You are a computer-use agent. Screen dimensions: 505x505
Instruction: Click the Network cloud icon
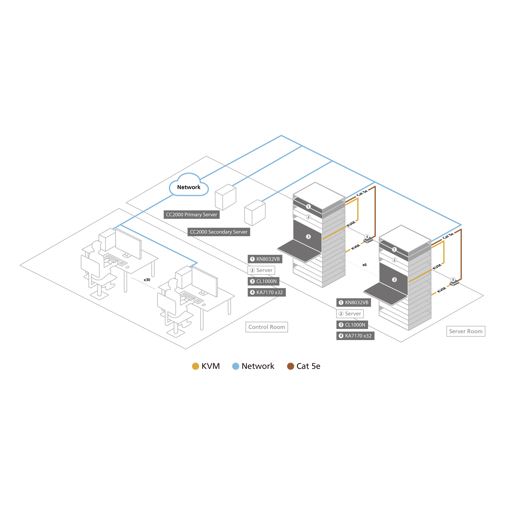click(189, 185)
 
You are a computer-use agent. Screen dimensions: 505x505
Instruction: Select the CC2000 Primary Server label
click(192, 215)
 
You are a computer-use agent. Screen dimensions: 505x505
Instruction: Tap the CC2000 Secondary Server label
click(219, 232)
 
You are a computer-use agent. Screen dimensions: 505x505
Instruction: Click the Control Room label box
click(267, 327)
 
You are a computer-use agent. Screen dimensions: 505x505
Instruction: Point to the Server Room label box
click(466, 331)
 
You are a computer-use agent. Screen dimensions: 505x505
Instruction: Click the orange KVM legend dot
click(195, 366)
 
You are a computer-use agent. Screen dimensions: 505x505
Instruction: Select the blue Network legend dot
click(236, 366)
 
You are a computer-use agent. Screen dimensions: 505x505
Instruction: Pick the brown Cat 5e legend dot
click(291, 366)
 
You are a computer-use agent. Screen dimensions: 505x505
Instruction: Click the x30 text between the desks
click(147, 280)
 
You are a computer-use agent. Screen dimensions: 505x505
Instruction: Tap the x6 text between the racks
click(364, 265)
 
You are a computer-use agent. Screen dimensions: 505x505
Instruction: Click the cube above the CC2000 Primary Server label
click(225, 197)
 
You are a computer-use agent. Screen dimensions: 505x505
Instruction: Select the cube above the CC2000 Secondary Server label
click(255, 213)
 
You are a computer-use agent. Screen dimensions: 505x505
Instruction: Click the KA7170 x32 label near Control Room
click(267, 292)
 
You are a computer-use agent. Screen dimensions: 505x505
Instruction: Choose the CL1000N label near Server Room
click(352, 325)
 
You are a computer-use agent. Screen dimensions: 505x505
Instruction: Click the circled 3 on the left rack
click(309, 237)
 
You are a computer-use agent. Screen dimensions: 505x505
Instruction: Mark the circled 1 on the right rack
click(394, 249)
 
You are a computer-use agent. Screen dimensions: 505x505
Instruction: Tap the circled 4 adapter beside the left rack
click(367, 238)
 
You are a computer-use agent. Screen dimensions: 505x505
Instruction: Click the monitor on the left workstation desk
click(128, 244)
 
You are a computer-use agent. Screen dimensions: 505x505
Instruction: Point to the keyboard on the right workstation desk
click(192, 297)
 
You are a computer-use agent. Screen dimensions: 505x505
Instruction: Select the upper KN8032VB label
click(265, 259)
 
